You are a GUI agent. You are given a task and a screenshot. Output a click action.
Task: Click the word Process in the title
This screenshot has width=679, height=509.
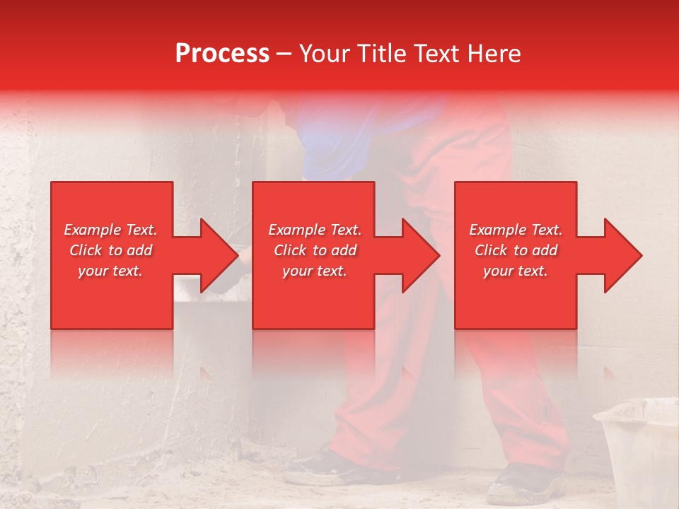click(222, 54)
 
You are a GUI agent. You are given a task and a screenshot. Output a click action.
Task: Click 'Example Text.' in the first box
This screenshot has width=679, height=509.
click(110, 230)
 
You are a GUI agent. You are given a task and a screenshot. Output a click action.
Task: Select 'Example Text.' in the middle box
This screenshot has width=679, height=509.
click(315, 230)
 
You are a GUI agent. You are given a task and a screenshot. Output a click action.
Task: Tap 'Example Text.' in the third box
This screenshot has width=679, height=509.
click(516, 230)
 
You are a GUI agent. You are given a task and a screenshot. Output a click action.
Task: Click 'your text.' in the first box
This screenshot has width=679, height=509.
click(110, 271)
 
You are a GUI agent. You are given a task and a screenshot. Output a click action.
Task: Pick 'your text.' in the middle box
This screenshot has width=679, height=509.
click(315, 271)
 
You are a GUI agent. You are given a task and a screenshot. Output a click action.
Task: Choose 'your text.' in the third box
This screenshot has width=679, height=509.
click(516, 271)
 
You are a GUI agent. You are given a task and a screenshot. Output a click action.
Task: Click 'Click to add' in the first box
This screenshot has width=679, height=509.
click(110, 250)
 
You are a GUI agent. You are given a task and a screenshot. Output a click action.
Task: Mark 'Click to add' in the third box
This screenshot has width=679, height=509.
click(516, 250)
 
